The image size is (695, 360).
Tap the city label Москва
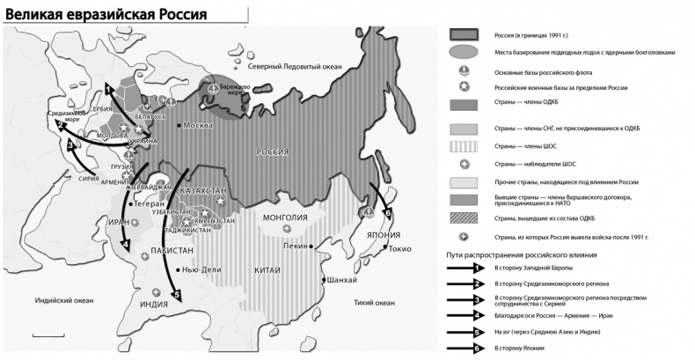click(x=200, y=125)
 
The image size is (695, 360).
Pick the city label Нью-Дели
click(x=201, y=270)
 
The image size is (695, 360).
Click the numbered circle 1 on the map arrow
click(x=107, y=88)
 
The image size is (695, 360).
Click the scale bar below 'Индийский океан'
click(x=42, y=335)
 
